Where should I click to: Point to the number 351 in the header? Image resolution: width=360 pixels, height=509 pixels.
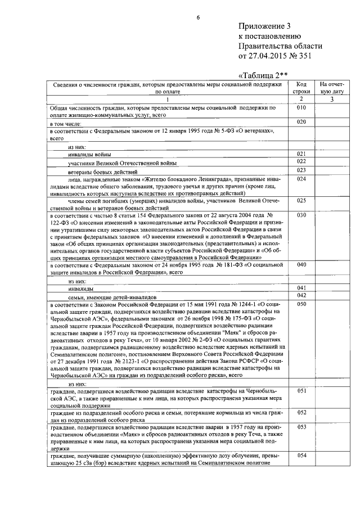(x=300, y=56)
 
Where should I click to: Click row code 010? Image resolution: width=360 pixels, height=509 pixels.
(x=301, y=107)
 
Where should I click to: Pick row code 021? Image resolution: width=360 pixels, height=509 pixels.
(x=301, y=154)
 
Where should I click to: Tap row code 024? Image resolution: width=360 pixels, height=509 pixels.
(x=301, y=179)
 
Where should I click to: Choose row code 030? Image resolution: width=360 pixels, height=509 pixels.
(x=301, y=215)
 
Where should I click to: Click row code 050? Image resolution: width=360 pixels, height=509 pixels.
(x=301, y=304)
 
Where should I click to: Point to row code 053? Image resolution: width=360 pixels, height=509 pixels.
(x=301, y=427)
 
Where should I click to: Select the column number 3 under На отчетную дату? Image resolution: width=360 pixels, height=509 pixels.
(x=331, y=100)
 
